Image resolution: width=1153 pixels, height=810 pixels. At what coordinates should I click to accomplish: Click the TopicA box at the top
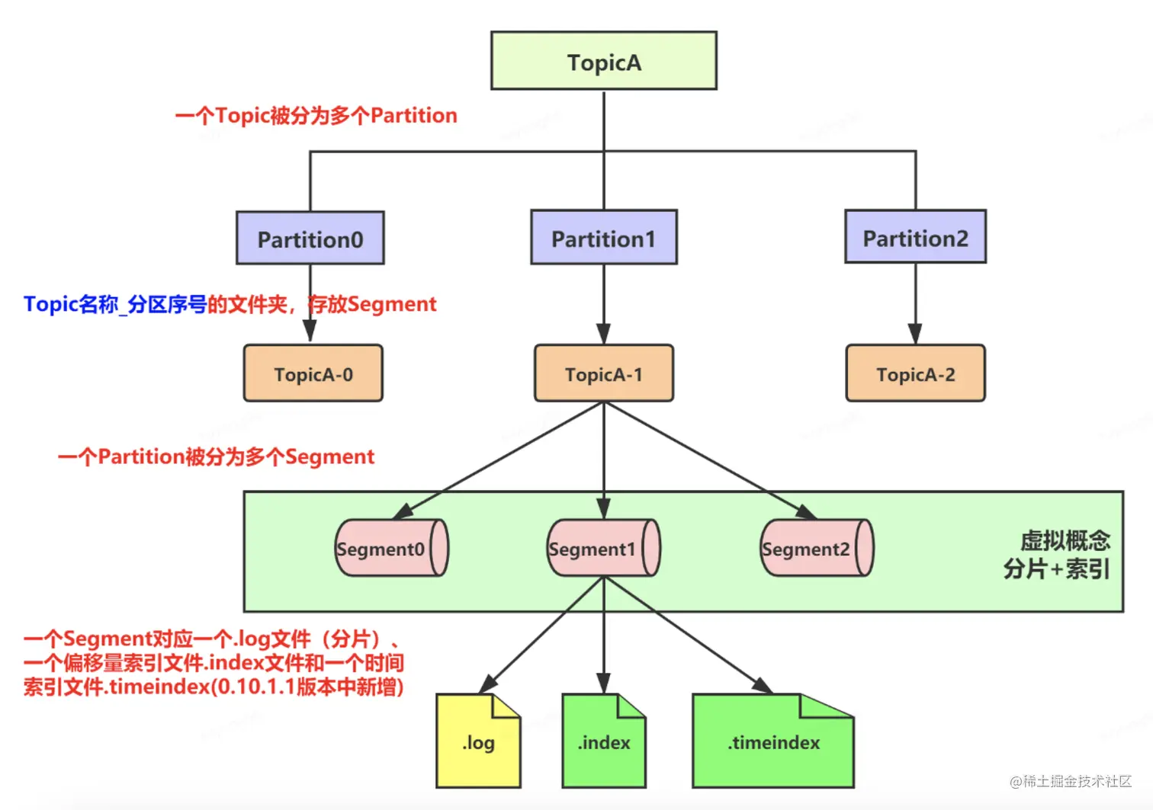[x=604, y=61]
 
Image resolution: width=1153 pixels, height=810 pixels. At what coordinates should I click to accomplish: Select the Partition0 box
[x=310, y=238]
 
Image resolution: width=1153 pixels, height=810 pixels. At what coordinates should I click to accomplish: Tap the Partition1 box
[x=604, y=237]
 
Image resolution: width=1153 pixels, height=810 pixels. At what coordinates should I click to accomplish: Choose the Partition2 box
[x=915, y=236]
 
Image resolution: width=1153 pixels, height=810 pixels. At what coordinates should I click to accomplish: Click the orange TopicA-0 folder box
[x=313, y=373]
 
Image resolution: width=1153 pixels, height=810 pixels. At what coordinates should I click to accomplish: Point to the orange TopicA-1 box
[x=604, y=373]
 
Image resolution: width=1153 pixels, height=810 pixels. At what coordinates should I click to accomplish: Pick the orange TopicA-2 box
[x=915, y=373]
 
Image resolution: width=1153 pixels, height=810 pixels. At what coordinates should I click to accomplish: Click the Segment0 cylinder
[x=392, y=548]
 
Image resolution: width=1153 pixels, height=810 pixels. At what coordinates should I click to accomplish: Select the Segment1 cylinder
[x=604, y=548]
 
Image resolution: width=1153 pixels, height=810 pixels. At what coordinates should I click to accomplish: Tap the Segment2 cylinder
[x=817, y=548]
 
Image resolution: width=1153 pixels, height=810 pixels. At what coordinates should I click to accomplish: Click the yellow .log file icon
[x=478, y=741]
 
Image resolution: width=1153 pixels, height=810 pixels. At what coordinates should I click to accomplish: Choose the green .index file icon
[x=604, y=741]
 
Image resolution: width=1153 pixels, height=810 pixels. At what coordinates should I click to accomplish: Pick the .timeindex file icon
[x=773, y=741]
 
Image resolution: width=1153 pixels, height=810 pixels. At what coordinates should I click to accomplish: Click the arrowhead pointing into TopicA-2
[x=914, y=334]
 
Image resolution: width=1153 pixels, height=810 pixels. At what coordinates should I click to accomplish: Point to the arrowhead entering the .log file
[x=487, y=685]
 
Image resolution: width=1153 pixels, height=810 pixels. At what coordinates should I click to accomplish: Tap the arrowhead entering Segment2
[x=807, y=513]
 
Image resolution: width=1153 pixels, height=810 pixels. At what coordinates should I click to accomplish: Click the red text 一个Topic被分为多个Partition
[x=316, y=116]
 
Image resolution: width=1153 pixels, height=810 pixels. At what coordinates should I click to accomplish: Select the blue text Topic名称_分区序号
[x=115, y=305]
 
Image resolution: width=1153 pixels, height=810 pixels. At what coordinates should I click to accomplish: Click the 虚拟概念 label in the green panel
[x=1065, y=541]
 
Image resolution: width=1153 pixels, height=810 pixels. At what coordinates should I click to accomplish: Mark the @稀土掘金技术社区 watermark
[x=1071, y=781]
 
